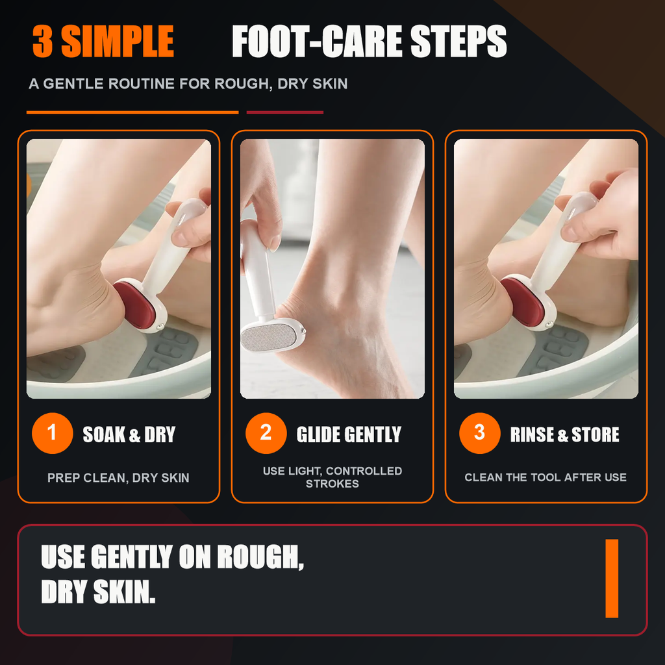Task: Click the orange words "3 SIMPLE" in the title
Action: tap(103, 41)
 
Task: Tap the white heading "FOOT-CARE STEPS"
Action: tap(370, 41)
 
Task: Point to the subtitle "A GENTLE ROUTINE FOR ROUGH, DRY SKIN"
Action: tap(188, 84)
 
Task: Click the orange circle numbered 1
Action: tap(52, 433)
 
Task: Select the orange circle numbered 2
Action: tap(266, 433)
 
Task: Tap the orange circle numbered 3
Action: tap(480, 433)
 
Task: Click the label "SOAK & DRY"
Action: tap(129, 434)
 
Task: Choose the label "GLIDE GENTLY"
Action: tap(349, 434)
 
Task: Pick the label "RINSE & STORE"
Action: tap(564, 434)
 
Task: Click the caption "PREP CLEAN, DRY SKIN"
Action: tap(118, 477)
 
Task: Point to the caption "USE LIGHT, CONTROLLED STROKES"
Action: tap(332, 477)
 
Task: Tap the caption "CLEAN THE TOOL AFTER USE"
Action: tap(546, 477)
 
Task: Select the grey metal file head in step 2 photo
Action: tap(269, 338)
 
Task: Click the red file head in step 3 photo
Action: tap(523, 300)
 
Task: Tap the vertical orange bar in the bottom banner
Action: tap(612, 579)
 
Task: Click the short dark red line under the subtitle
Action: tap(285, 112)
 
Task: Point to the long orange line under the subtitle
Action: tap(132, 112)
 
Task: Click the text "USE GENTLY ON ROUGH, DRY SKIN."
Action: tap(172, 574)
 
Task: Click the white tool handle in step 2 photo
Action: tap(256, 267)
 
